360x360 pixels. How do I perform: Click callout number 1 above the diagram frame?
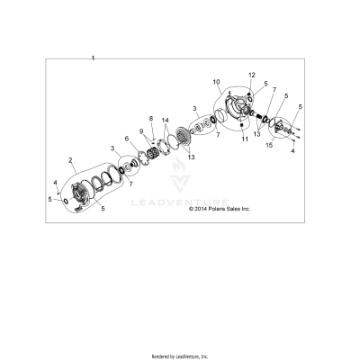(92, 57)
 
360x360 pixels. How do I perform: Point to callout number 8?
(151, 118)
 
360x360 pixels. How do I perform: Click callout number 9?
(140, 130)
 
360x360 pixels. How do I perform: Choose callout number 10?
(216, 82)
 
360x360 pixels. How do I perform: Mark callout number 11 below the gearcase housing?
(244, 139)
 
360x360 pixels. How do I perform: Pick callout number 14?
(165, 120)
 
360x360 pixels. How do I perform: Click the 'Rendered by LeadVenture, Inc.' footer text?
(180, 355)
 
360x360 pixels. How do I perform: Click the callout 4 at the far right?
(292, 151)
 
